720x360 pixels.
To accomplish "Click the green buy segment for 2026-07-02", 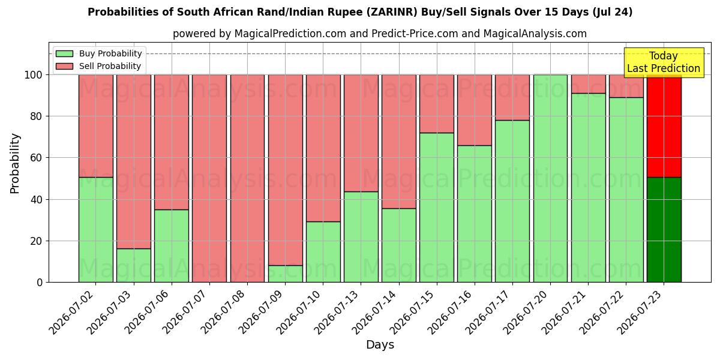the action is click(96, 229).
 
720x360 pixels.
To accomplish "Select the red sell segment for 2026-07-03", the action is click(134, 161).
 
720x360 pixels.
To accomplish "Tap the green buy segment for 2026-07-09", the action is click(286, 274).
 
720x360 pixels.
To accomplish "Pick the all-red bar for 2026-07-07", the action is click(209, 178).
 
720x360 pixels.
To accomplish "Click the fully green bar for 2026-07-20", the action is click(551, 178).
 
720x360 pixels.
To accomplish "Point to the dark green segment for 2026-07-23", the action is click(664, 229).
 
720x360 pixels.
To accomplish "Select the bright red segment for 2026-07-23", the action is click(664, 126).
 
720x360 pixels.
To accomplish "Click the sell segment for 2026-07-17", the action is click(512, 98).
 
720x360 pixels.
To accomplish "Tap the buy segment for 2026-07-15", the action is click(437, 208).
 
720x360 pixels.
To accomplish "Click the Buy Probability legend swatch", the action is click(64, 53).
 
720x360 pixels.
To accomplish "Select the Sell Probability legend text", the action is click(110, 66).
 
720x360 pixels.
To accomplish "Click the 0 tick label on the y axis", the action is click(40, 283).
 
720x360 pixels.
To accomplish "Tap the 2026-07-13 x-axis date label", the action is click(340, 313).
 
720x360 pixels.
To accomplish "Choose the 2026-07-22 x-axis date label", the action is click(605, 313).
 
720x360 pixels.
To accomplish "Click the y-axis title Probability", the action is click(15, 164).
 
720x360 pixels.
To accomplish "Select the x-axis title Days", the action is click(380, 345).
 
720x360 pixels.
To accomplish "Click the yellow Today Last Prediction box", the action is click(664, 62).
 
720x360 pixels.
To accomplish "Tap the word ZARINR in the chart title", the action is click(391, 12).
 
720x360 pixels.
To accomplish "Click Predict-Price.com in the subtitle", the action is click(415, 34).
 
